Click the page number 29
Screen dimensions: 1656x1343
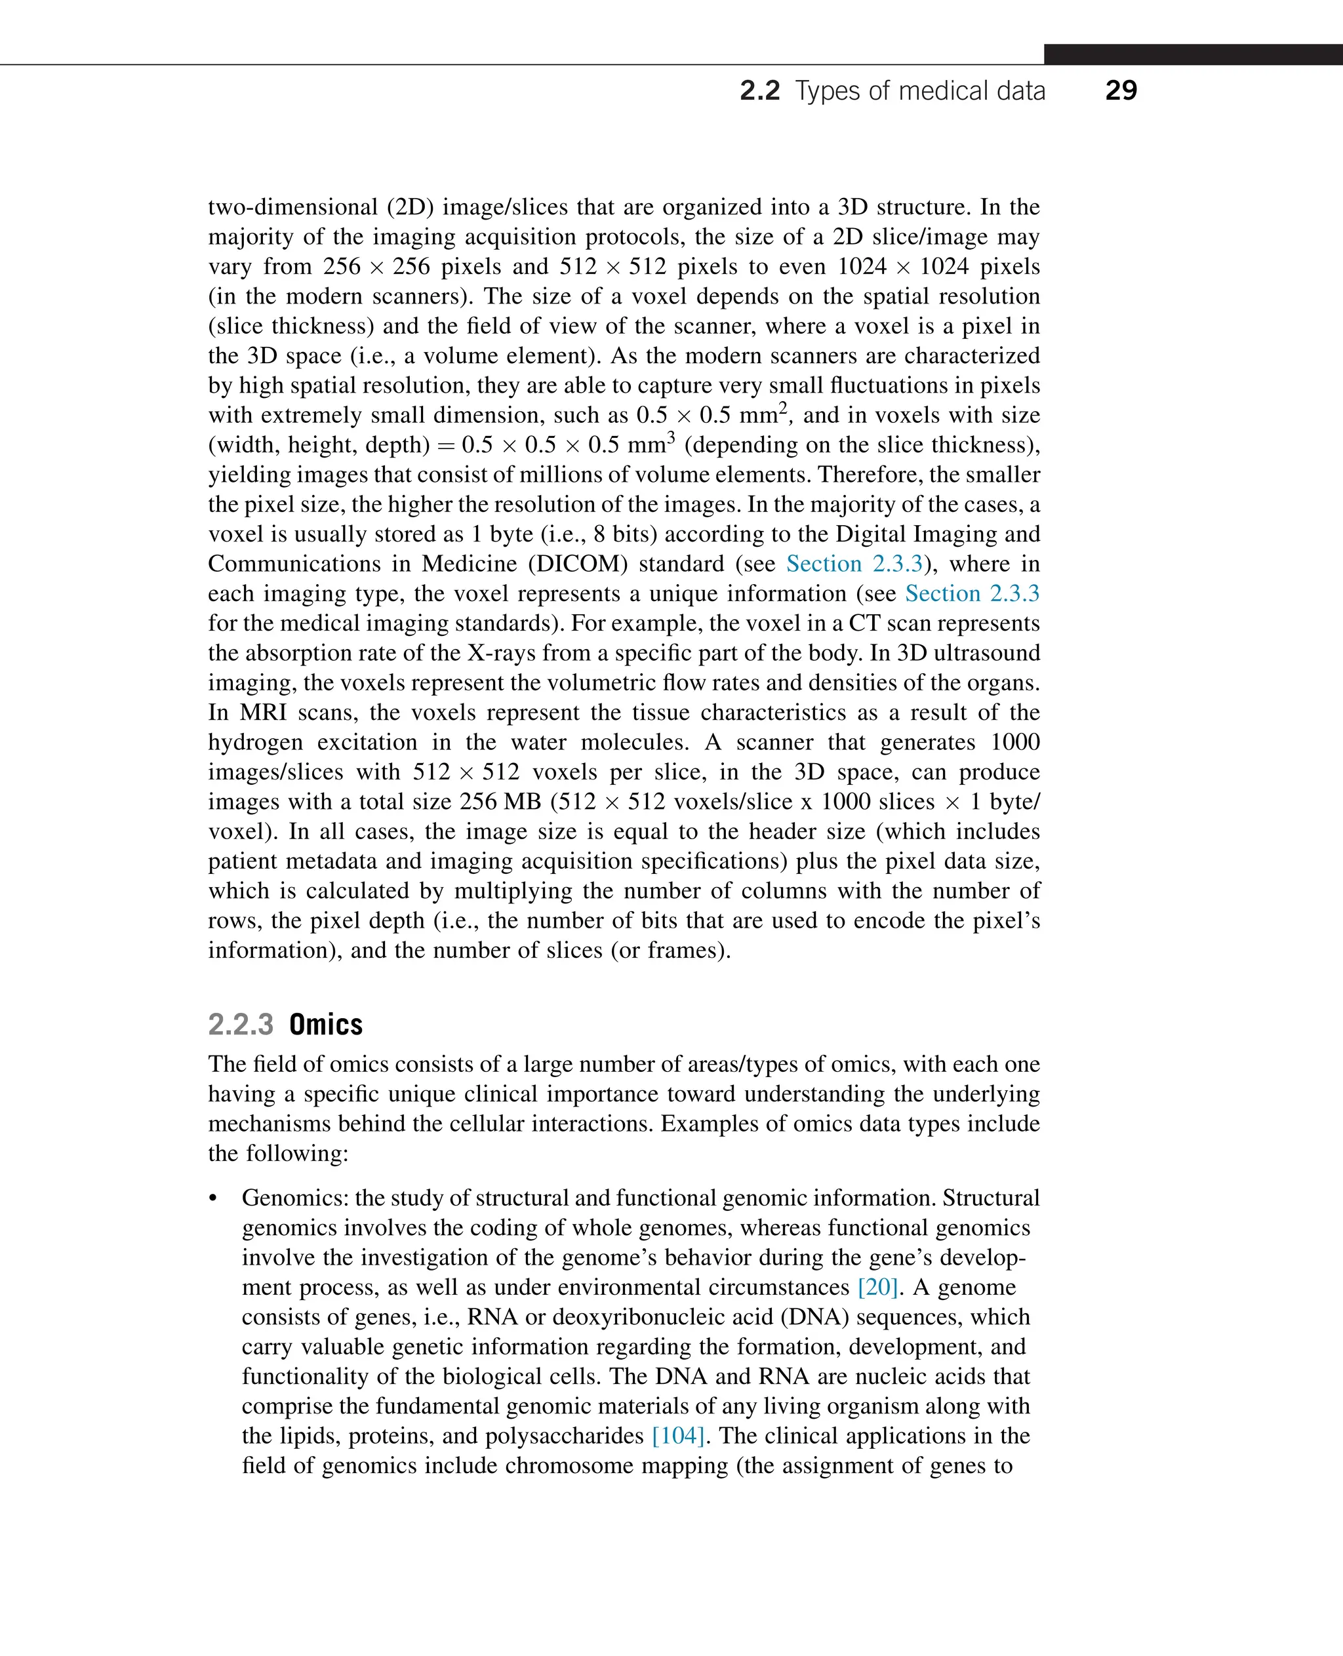coord(1120,90)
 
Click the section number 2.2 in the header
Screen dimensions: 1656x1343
coord(759,91)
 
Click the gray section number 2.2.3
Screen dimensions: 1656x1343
coord(241,1024)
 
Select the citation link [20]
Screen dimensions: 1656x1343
coord(878,1287)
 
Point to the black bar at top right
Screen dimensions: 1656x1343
coord(1192,54)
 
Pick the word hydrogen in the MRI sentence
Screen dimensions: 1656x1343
coord(254,743)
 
